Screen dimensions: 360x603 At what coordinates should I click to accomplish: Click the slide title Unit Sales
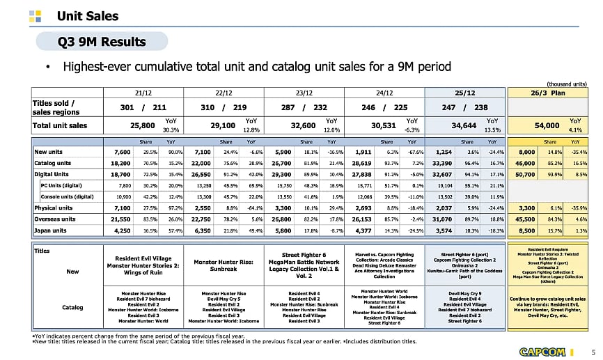[x=87, y=15]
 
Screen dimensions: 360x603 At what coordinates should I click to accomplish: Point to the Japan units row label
[x=53, y=229]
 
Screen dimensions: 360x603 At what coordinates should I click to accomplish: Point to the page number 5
[x=593, y=350]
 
